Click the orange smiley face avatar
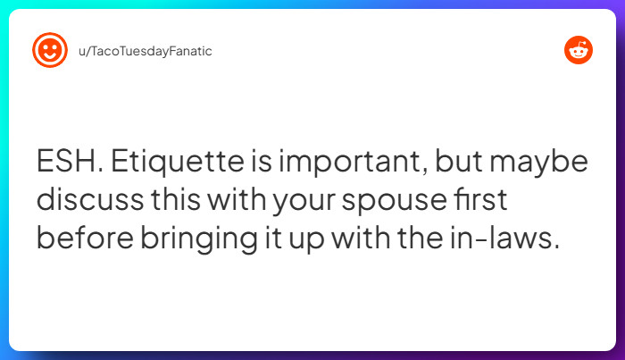[x=50, y=51]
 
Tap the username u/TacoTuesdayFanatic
[x=146, y=51]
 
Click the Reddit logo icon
[x=579, y=51]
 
